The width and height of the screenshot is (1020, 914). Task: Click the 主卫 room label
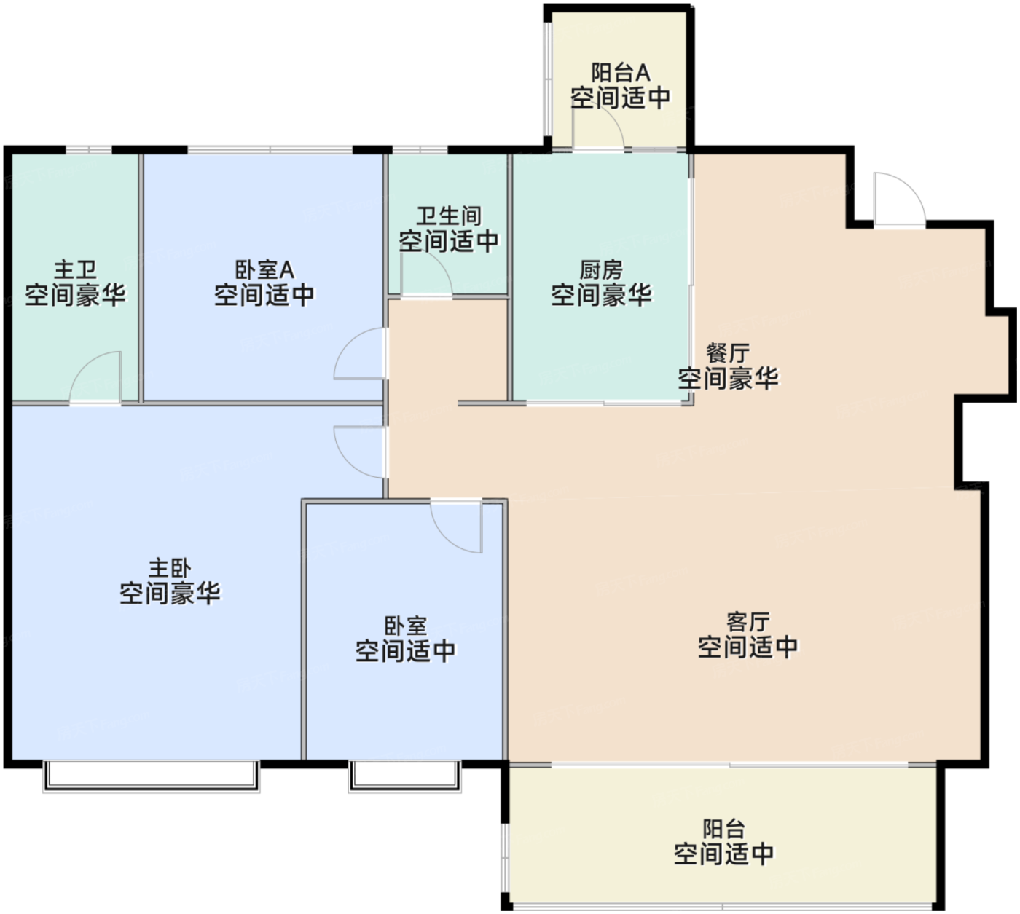coord(75,269)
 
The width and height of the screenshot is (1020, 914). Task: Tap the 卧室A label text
coord(264,269)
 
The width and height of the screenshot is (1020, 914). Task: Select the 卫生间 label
coord(449,216)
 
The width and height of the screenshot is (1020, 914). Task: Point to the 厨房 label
coord(601,269)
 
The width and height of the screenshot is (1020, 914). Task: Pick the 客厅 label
coord(748,622)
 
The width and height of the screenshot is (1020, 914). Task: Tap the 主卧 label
coord(170,569)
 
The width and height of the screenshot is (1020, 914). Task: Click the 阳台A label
coord(620,73)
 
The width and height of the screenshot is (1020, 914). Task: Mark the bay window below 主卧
coord(151,776)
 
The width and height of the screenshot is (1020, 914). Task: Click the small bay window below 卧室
coord(405,776)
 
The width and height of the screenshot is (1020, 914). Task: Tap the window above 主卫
coord(89,149)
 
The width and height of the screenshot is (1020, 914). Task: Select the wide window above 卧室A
coord(270,149)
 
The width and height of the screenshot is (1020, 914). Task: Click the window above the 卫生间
coord(420,149)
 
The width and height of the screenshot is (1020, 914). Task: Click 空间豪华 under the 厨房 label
coord(601,294)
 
